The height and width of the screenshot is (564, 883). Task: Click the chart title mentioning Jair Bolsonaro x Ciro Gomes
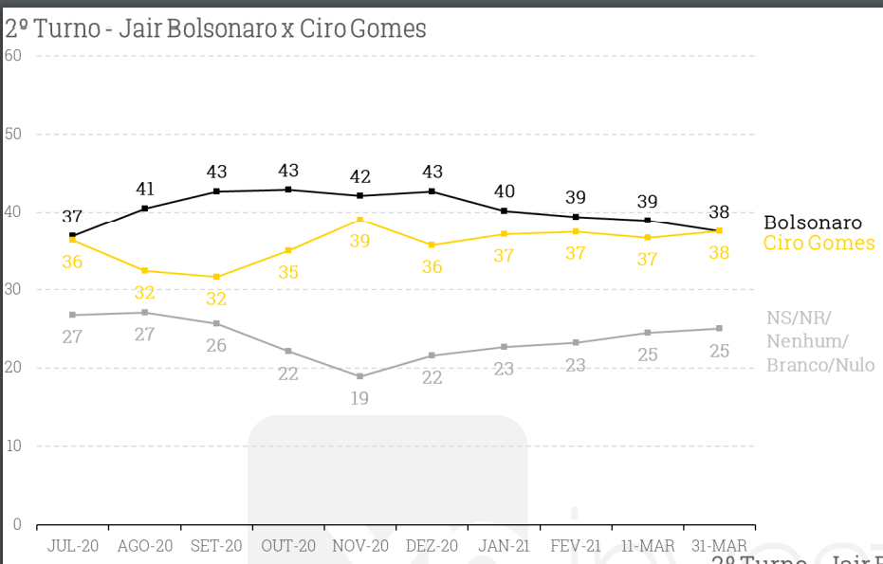pos(216,28)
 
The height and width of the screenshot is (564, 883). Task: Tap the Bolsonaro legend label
pos(813,223)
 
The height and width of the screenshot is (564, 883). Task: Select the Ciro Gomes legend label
pos(819,244)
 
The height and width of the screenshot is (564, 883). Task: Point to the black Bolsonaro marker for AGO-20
pos(144,209)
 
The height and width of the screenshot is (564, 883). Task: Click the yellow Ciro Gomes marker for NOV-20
pos(359,220)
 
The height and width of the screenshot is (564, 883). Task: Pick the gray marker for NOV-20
pos(359,376)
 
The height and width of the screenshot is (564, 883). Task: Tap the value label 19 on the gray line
pos(359,398)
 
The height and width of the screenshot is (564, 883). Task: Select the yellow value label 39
pos(359,241)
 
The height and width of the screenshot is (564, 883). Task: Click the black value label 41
pos(144,189)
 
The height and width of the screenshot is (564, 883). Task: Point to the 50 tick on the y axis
pos(13,134)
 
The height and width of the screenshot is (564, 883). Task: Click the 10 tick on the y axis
pos(13,446)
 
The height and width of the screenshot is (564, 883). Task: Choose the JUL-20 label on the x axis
pos(72,546)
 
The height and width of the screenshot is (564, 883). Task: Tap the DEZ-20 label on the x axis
pos(432,546)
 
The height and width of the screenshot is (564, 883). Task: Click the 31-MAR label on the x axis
pos(719,546)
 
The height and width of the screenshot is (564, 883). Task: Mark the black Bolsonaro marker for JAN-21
pos(504,210)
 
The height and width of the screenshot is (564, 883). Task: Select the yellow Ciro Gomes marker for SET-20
pos(216,277)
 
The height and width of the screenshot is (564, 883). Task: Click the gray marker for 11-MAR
pos(647,333)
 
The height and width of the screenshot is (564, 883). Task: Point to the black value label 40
pos(504,191)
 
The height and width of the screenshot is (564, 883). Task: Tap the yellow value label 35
pos(288,271)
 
